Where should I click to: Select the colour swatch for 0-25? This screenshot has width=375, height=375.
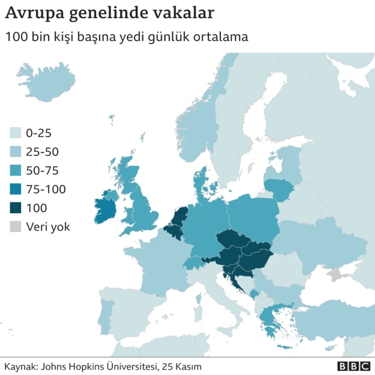pyautogui.click(x=15, y=133)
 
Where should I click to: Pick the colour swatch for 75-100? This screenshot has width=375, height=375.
pyautogui.click(x=15, y=189)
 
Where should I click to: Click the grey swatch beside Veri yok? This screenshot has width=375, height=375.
pyautogui.click(x=15, y=226)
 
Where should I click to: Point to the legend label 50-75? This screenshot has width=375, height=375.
pyautogui.click(x=42, y=171)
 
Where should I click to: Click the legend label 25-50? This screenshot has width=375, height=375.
pyautogui.click(x=42, y=152)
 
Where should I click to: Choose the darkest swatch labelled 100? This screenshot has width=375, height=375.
pyautogui.click(x=15, y=207)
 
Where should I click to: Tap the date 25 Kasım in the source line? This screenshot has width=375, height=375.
pyautogui.click(x=181, y=366)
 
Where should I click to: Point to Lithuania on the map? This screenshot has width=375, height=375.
pyautogui.click(x=280, y=189)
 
